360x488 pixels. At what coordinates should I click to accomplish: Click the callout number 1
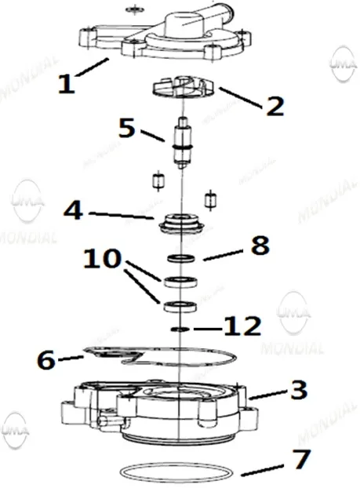(67, 84)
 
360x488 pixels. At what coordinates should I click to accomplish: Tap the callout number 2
(275, 106)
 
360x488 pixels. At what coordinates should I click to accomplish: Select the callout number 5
(127, 128)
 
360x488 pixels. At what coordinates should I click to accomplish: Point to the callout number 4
(74, 210)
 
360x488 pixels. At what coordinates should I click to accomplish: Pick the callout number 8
(260, 246)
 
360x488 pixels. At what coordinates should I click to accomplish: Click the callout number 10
(103, 258)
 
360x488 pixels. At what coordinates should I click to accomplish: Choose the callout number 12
(242, 326)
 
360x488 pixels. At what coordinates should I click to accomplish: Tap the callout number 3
(299, 390)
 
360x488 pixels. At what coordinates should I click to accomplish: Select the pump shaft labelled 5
(183, 143)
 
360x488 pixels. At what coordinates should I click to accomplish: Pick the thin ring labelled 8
(181, 258)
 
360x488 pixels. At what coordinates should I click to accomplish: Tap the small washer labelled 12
(180, 329)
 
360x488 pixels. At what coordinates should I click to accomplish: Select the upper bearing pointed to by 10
(180, 282)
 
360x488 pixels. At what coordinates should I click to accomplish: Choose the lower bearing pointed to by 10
(180, 307)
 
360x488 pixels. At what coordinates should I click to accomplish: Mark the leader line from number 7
(262, 470)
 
